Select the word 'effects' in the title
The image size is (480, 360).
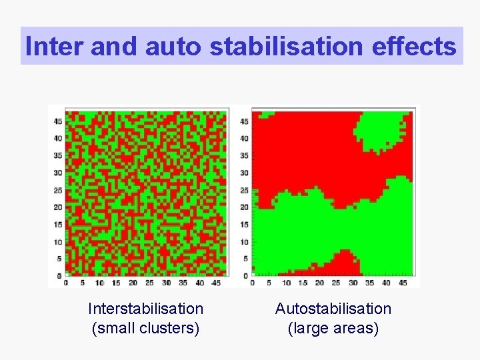pyautogui.click(x=418, y=47)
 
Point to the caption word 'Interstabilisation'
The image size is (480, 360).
pyautogui.click(x=145, y=309)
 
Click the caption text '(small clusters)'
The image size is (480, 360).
pyautogui.click(x=145, y=328)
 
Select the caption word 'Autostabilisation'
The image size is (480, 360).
pyautogui.click(x=333, y=309)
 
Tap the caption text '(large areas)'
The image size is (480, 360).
pyautogui.click(x=333, y=328)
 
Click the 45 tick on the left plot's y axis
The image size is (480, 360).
pyautogui.click(x=58, y=121)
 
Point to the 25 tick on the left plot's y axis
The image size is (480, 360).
pyautogui.click(x=58, y=190)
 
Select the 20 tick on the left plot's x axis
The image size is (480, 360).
pyautogui.click(x=133, y=283)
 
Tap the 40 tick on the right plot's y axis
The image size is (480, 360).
pyautogui.click(x=245, y=139)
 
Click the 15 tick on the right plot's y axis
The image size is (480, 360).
pyautogui.click(x=245, y=225)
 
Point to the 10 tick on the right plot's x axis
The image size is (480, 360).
pyautogui.click(x=286, y=283)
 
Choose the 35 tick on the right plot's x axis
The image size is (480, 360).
pyautogui.click(x=371, y=283)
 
